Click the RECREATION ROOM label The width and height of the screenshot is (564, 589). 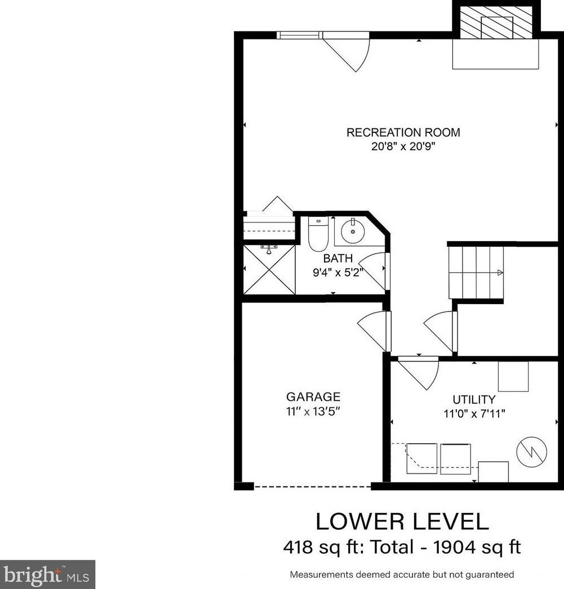[x=403, y=133]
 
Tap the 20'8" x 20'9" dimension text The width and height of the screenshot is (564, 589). [x=403, y=147]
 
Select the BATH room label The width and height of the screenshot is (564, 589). [x=338, y=259]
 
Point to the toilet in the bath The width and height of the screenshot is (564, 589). [x=318, y=235]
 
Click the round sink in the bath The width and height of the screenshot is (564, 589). [x=353, y=231]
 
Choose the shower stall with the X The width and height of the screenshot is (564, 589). [x=269, y=269]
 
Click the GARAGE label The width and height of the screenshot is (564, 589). [x=313, y=397]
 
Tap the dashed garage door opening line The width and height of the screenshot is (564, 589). [x=312, y=486]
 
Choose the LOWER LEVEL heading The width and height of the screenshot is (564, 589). [x=402, y=521]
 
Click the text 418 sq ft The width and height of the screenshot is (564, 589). [x=318, y=546]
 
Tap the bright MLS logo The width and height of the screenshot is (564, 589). [x=47, y=574]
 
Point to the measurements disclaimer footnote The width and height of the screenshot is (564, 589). [x=402, y=575]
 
